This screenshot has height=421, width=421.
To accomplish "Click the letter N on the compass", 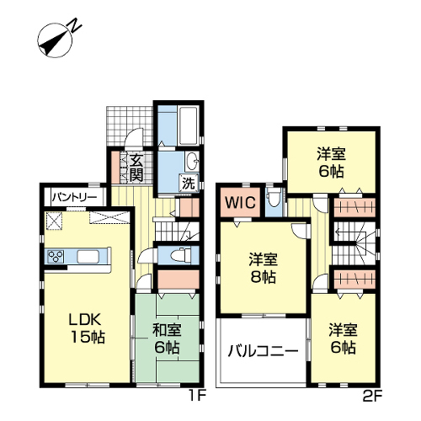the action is tap(75, 25).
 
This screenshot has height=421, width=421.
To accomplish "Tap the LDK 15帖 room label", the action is tap(88, 328).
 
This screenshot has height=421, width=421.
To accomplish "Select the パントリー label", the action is tap(74, 197).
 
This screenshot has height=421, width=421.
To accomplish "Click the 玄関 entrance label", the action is tap(136, 168).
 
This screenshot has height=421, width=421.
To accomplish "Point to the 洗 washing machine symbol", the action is tap(189, 183).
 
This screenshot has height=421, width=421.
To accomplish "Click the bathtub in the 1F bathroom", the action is tap(189, 125).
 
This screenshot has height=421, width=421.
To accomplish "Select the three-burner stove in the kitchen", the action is tap(56, 256).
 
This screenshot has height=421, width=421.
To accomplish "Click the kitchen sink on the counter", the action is tap(88, 256).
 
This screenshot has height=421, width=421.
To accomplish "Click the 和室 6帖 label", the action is tap(167, 338).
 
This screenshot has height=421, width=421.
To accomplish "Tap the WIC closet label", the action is tap(240, 202).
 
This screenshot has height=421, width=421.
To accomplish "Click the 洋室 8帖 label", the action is tap(263, 268).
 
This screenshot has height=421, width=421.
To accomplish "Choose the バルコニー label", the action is tap(263, 351).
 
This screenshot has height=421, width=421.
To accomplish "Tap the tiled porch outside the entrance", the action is tap(130, 126).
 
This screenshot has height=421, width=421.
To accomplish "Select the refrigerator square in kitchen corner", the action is tap(54, 221).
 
